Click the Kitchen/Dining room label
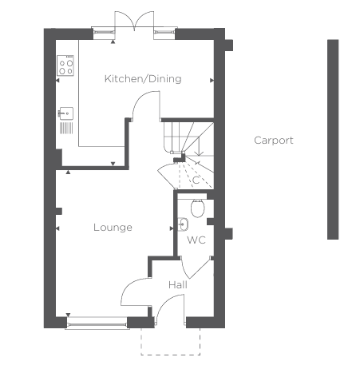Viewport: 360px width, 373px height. (x=143, y=79)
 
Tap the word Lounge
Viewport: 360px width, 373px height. (x=113, y=228)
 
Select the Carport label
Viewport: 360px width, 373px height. (x=274, y=141)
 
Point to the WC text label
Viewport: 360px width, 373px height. (x=196, y=240)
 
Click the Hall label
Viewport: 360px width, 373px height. (x=178, y=285)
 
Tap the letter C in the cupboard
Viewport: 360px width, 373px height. (x=196, y=181)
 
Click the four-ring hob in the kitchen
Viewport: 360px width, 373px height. (x=65, y=65)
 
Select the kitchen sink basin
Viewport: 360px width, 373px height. (x=65, y=113)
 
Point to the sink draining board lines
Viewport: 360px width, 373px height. (x=66, y=128)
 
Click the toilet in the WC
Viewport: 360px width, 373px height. (x=198, y=207)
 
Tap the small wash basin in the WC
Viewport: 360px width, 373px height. (x=183, y=224)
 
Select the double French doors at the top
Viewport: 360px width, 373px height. (x=134, y=20)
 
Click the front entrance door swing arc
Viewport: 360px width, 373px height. (x=165, y=302)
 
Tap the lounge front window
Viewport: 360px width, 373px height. (x=97, y=324)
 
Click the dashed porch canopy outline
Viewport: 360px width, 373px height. (x=170, y=355)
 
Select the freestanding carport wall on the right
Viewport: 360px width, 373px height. (x=333, y=140)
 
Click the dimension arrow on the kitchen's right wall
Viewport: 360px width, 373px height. (x=212, y=80)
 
